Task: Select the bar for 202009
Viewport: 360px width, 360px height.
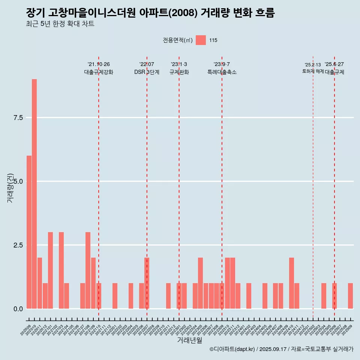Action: click(x=29, y=232)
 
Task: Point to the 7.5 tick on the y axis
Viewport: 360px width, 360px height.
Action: click(x=18, y=118)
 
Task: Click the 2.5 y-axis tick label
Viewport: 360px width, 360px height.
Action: click(x=18, y=245)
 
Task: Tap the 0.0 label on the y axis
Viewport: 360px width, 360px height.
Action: click(x=18, y=309)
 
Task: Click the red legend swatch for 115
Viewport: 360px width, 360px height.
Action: click(x=201, y=40)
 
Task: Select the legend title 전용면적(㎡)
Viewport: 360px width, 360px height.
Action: click(x=178, y=40)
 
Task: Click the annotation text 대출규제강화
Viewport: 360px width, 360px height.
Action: click(x=99, y=72)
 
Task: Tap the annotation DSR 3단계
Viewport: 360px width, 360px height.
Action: click(x=147, y=72)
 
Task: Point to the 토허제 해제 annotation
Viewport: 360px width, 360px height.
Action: click(x=313, y=71)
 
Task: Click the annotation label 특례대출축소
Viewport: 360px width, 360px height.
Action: click(x=222, y=72)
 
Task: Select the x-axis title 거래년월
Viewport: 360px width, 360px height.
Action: click(x=189, y=340)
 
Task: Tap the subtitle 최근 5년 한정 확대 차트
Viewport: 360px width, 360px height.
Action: click(x=60, y=24)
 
